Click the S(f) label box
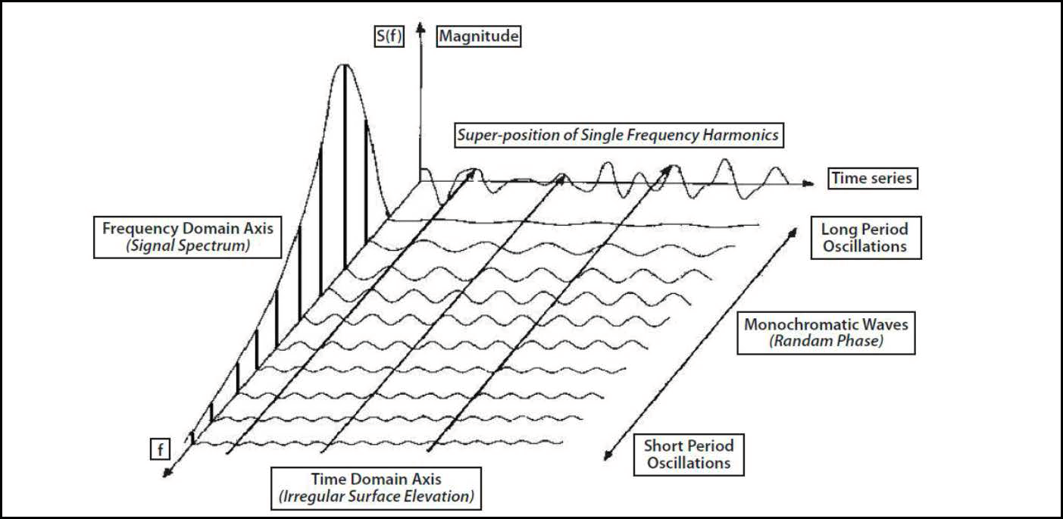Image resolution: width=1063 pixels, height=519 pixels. tap(389, 36)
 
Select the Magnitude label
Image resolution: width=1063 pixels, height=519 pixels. tap(478, 36)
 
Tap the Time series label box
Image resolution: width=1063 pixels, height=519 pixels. tap(873, 178)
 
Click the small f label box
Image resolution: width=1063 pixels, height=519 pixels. tap(160, 449)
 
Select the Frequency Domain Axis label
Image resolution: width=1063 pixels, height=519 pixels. tap(187, 229)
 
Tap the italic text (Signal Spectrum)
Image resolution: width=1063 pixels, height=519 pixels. tap(188, 245)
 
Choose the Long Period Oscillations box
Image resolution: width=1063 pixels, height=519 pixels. tap(866, 238)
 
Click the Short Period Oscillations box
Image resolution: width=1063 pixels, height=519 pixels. tap(689, 455)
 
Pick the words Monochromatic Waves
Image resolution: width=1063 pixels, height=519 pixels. tap(826, 324)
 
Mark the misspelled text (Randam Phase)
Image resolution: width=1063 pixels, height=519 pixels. tap(826, 341)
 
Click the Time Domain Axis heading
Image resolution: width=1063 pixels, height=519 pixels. tap(376, 479)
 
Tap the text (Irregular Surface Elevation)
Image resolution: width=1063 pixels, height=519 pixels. tap(376, 497)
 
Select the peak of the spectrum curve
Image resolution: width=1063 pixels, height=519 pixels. tap(345, 64)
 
